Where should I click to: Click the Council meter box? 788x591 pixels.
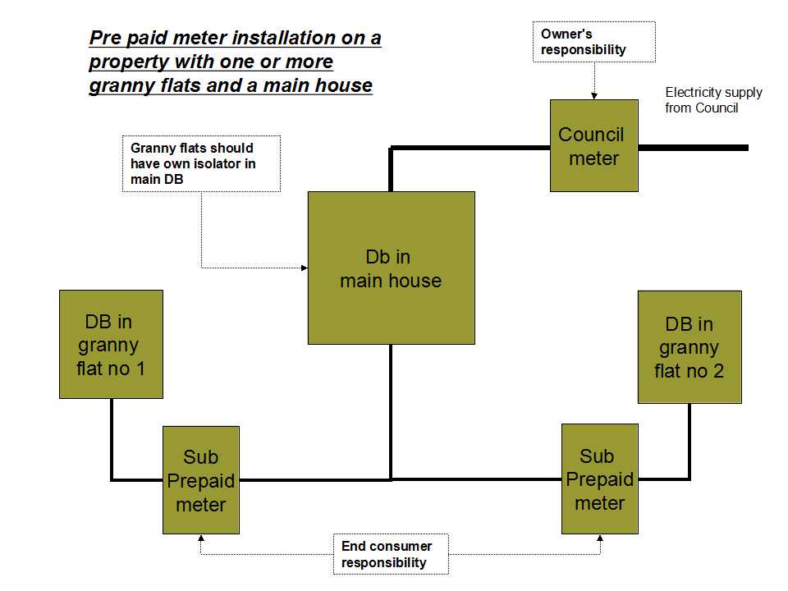[x=594, y=146]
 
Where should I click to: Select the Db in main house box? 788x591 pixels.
[x=392, y=268]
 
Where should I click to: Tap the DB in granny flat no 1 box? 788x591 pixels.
[x=111, y=344]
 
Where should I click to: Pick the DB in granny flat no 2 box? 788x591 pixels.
[x=689, y=346]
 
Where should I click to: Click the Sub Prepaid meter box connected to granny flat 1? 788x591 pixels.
[x=201, y=480]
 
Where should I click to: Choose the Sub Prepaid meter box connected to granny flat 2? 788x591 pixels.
[x=600, y=479]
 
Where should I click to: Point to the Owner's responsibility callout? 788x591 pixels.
[x=594, y=42]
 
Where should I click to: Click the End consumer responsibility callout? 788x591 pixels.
[x=391, y=554]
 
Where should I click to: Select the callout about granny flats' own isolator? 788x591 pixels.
[x=201, y=163]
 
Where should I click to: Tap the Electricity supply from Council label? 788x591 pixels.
[x=713, y=100]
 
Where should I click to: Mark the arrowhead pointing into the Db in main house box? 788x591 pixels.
[x=305, y=268]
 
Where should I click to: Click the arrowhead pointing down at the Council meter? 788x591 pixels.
[x=594, y=96]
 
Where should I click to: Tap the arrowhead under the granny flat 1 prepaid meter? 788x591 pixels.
[x=201, y=538]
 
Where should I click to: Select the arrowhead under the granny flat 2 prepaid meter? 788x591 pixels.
[x=600, y=538]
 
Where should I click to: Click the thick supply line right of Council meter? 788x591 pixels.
[x=694, y=148]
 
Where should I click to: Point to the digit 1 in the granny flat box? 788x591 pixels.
[x=140, y=369]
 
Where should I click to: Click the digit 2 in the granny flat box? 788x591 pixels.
[x=719, y=371]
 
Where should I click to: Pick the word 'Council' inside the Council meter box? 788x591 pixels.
[x=591, y=135]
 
